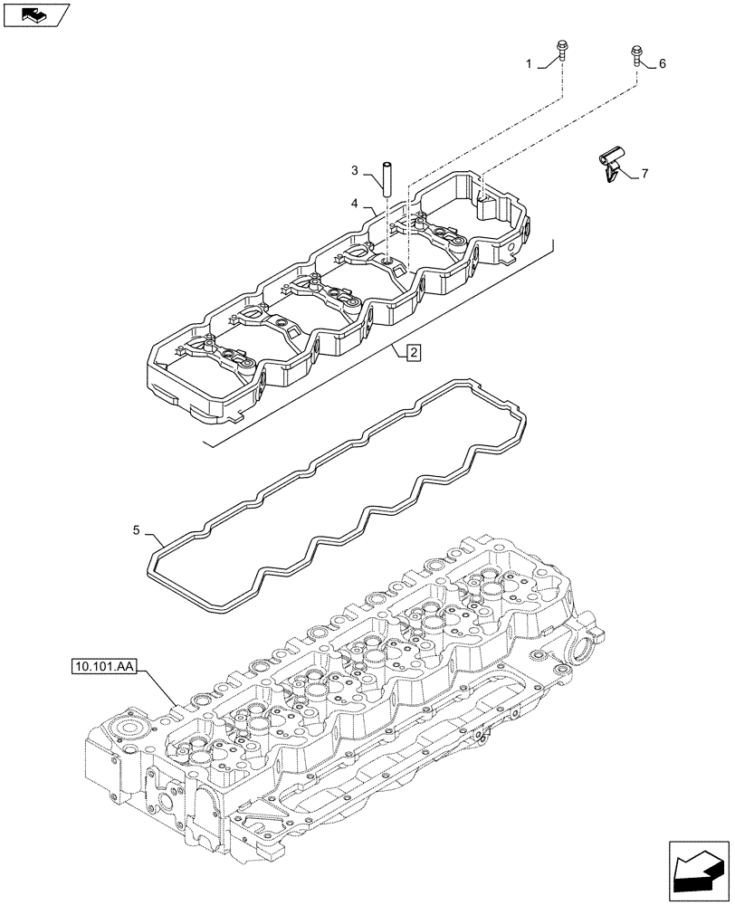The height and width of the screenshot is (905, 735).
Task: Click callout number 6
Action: click(662, 63)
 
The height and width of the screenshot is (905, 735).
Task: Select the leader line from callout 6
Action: click(649, 63)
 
